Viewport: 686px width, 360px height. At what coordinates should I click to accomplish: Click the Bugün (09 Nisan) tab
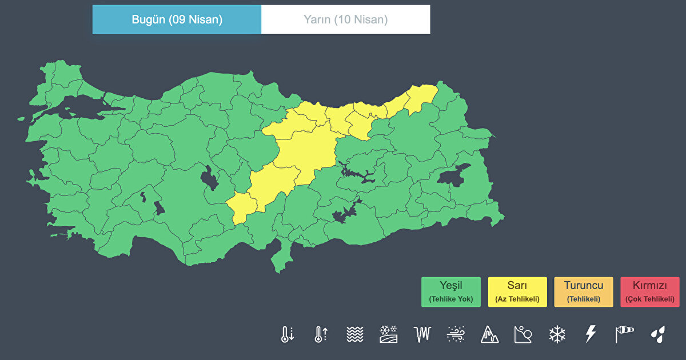tap(177, 19)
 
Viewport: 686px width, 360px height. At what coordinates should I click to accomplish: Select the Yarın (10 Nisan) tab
tap(345, 19)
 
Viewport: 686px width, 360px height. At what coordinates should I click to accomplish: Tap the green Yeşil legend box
tap(451, 292)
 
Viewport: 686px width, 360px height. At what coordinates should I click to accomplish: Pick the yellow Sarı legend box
tap(517, 292)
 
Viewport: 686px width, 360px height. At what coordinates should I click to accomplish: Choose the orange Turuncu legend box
tap(584, 292)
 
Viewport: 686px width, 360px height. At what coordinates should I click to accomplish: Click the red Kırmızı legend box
tap(650, 292)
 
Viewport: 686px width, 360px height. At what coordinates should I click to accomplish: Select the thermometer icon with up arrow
tap(321, 334)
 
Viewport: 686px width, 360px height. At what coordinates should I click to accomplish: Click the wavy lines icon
tap(354, 334)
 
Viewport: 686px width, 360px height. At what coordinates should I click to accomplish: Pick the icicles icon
tap(422, 334)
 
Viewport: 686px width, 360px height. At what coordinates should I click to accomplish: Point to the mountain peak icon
tap(489, 334)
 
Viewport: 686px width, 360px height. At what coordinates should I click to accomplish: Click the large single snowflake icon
tap(557, 334)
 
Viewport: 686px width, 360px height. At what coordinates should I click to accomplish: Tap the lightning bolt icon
tap(591, 334)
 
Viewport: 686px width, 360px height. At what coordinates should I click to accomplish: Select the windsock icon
tap(624, 334)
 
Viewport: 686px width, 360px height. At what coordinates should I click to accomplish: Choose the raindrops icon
tap(658, 334)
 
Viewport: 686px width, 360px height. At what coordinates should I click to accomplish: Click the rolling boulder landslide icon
tap(523, 334)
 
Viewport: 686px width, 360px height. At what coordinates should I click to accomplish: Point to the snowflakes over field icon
tap(388, 334)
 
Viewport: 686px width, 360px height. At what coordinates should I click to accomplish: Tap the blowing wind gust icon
tap(456, 334)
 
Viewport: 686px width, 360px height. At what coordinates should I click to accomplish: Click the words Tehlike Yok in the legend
tap(451, 299)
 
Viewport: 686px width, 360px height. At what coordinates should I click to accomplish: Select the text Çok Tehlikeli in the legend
tap(650, 299)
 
